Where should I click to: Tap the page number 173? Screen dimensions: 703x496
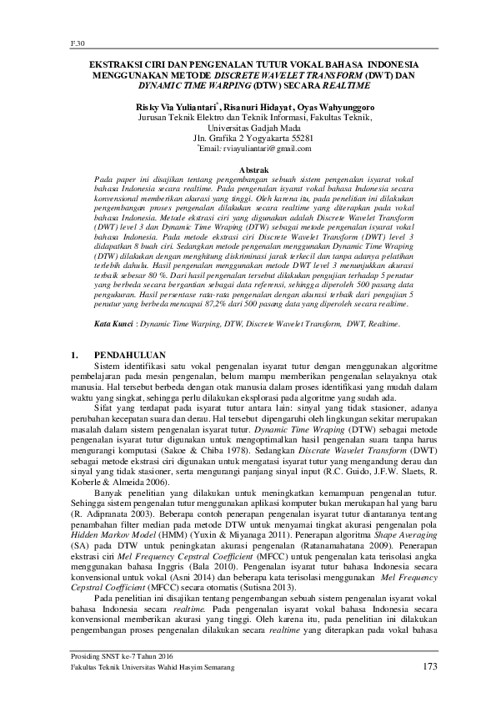429,667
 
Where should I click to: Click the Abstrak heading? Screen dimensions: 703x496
247,169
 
